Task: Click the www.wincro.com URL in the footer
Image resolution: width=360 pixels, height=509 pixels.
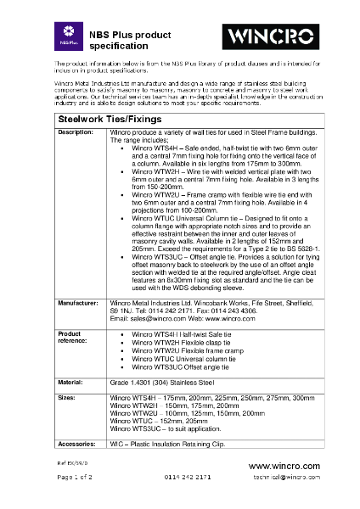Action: point(284,467)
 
